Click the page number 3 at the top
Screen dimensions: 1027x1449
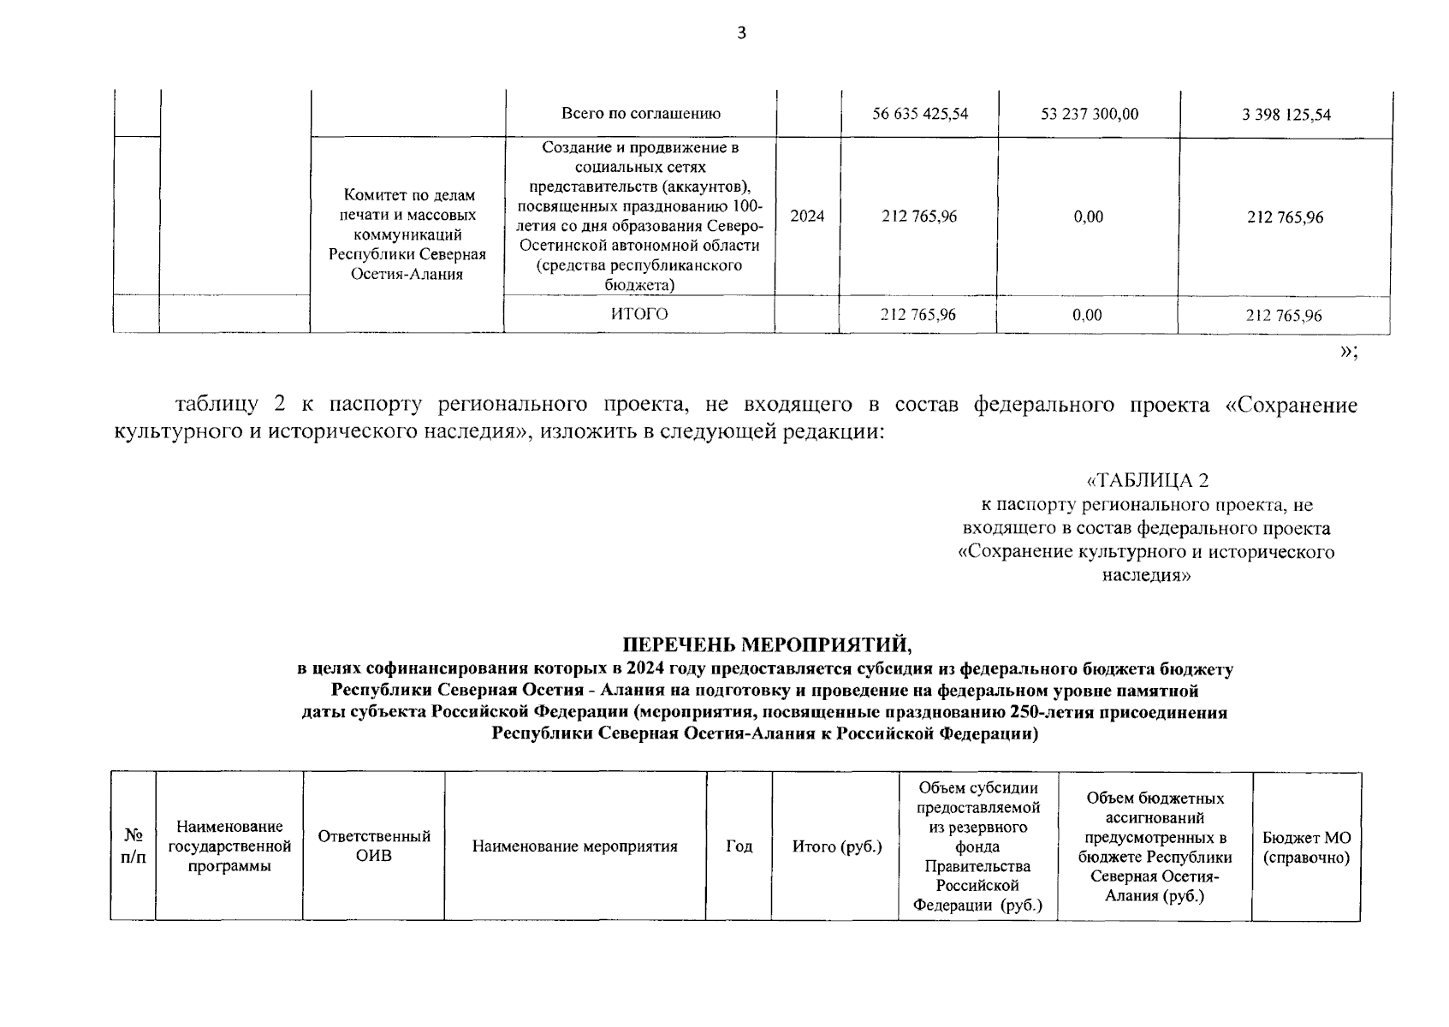pyautogui.click(x=742, y=33)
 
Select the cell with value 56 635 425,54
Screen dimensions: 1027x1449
pyautogui.click(x=920, y=114)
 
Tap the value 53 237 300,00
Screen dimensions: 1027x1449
pyautogui.click(x=1090, y=114)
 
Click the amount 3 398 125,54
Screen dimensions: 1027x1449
pyautogui.click(x=1286, y=115)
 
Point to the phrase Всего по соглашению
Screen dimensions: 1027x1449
pyautogui.click(x=640, y=113)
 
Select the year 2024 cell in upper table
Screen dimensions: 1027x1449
pyautogui.click(x=807, y=216)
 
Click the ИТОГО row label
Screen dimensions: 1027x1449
pyautogui.click(x=639, y=314)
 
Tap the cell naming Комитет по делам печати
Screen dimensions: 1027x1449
pyautogui.click(x=407, y=234)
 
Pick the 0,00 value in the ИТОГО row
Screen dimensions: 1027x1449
pyautogui.click(x=1087, y=315)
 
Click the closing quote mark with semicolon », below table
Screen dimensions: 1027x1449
pyautogui.click(x=1348, y=352)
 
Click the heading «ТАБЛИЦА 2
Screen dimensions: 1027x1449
pyautogui.click(x=1147, y=481)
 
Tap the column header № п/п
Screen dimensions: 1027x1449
pyautogui.click(x=134, y=846)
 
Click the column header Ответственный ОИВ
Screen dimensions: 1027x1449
pyautogui.click(x=374, y=846)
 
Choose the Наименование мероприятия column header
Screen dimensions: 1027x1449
pyautogui.click(x=574, y=846)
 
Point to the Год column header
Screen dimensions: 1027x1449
pyautogui.click(x=739, y=846)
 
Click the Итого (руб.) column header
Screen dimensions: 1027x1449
pyautogui.click(x=836, y=846)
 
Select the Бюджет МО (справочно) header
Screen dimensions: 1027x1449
pyautogui.click(x=1306, y=847)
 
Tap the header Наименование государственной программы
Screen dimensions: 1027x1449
pyautogui.click(x=229, y=846)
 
